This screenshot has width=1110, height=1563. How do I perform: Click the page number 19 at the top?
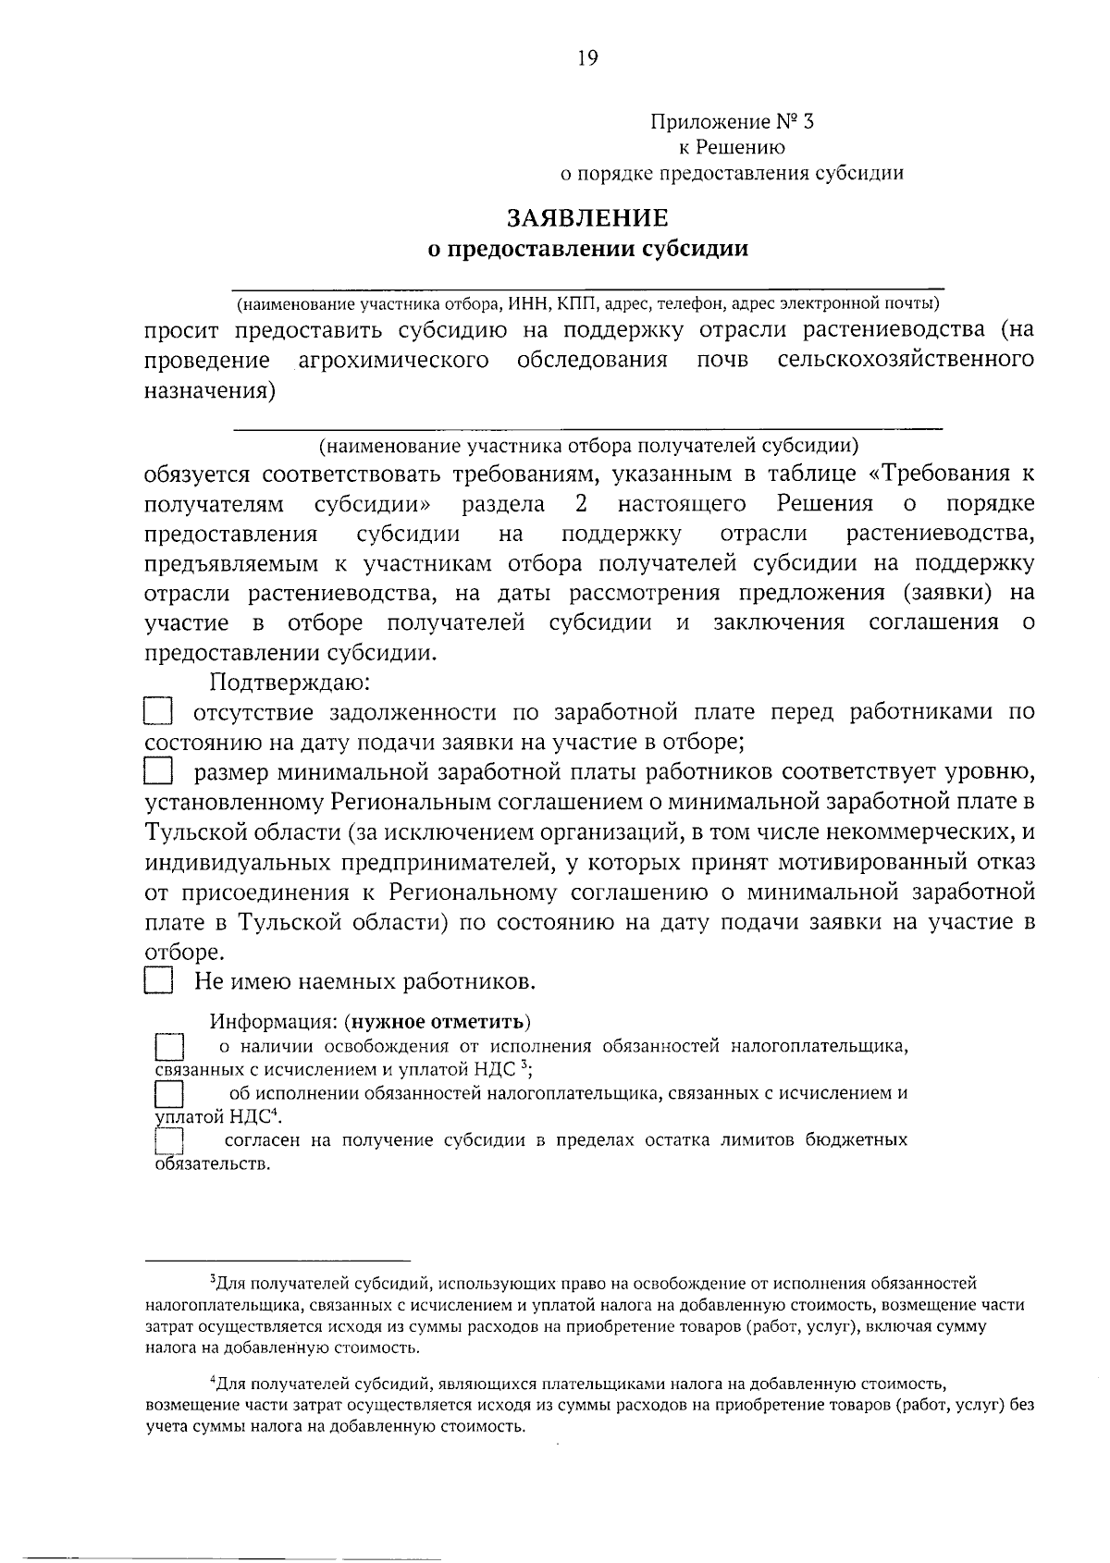point(587,58)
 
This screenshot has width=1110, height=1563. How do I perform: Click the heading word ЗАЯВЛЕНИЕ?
point(586,218)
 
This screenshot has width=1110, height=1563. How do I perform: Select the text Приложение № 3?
point(734,121)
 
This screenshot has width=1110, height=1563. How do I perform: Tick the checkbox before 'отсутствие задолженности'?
point(158,712)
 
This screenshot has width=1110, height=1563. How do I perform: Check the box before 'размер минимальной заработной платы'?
point(158,771)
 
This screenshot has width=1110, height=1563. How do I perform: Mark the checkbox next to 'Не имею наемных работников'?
point(158,980)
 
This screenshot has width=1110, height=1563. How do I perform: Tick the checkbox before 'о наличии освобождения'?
point(169,1048)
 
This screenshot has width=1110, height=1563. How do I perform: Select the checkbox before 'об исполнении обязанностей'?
point(169,1094)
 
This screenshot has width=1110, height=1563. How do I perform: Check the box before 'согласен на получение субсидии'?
point(169,1140)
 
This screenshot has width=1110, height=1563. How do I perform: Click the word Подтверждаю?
point(290,683)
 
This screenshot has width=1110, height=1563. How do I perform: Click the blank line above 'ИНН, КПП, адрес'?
point(587,289)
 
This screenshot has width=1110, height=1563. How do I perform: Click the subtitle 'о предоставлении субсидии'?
point(586,249)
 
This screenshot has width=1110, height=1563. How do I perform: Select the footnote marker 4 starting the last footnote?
point(213,1381)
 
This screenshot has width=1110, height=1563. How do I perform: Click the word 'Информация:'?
point(271,1022)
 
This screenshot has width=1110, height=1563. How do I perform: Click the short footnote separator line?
point(277,1260)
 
